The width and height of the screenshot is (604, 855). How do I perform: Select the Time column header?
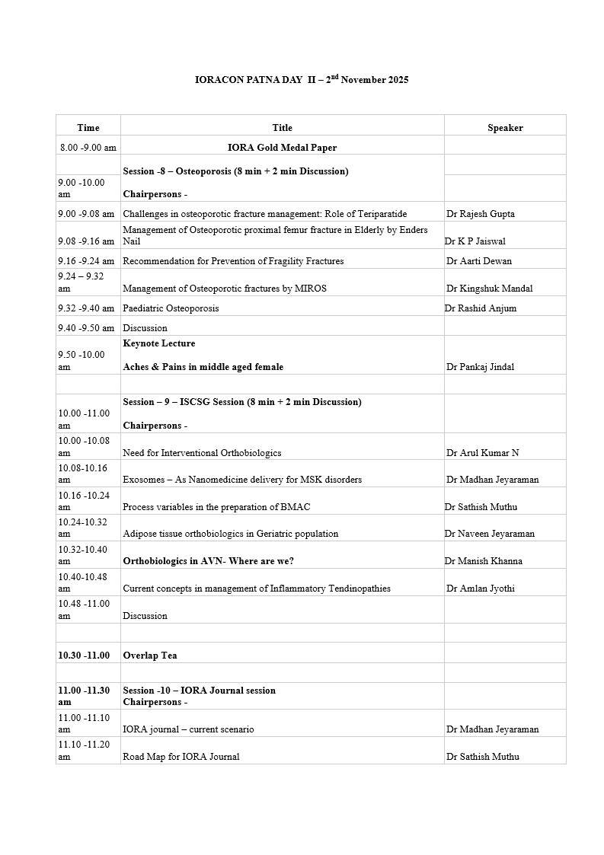tap(88, 128)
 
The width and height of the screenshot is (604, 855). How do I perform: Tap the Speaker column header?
tap(505, 128)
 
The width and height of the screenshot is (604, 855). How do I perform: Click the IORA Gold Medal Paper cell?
tap(282, 148)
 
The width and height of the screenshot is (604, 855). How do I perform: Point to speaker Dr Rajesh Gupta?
tap(481, 214)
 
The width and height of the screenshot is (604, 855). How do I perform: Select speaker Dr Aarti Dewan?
tap(479, 261)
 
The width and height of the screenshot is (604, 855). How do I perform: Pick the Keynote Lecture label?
tap(159, 343)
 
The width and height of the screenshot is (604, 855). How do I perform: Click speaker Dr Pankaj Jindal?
tap(481, 367)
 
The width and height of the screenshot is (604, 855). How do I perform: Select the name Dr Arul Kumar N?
tap(483, 453)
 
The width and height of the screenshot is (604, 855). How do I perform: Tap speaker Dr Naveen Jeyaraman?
tap(490, 534)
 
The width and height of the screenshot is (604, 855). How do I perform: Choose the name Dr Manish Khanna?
tap(484, 561)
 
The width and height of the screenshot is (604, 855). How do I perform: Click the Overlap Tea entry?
tap(150, 656)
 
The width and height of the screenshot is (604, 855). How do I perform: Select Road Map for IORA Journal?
tap(181, 757)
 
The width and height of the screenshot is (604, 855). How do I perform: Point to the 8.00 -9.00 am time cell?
tap(88, 148)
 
